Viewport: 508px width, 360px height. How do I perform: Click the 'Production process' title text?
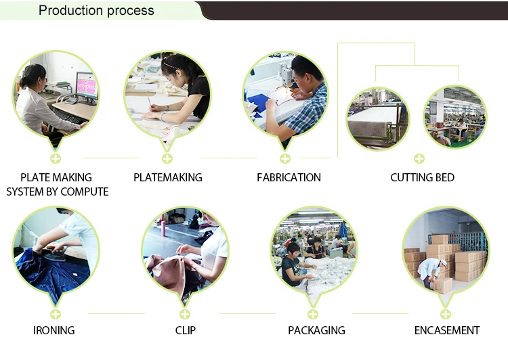pos(96,10)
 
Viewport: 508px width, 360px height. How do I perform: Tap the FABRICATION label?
pos(289,177)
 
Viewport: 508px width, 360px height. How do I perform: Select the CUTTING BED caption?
pos(422,177)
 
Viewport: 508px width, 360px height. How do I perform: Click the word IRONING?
pos(54,330)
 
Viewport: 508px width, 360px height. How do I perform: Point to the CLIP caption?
pos(186,330)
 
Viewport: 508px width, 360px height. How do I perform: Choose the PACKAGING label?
pos(316,330)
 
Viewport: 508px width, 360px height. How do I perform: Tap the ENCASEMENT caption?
pos(447,330)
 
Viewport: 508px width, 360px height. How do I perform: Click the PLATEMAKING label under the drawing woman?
pos(168,177)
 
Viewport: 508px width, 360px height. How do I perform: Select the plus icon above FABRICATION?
pos(285,158)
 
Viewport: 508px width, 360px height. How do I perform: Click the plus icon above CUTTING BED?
pos(419,158)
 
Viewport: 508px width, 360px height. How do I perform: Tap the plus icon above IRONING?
pos(56,314)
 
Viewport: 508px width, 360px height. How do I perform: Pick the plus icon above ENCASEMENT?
pos(446,314)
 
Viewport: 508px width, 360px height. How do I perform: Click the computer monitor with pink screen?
pos(87,87)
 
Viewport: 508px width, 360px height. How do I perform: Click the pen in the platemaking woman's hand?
pos(150,102)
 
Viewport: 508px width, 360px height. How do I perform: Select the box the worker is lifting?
pos(442,286)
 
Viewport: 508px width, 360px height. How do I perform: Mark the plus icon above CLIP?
pos(185,314)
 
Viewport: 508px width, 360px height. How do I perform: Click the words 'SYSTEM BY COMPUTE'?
pos(58,192)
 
